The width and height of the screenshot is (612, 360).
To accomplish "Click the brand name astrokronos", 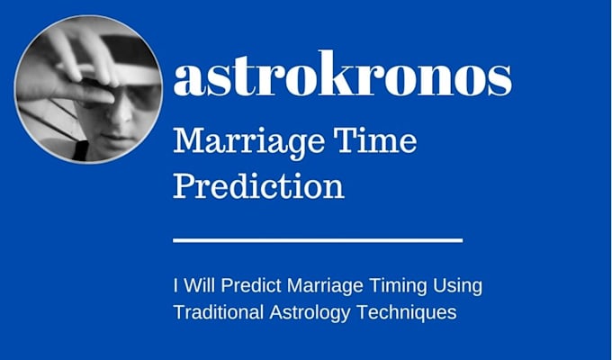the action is click(x=342, y=73).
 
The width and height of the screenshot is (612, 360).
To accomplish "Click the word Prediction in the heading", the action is click(x=258, y=185).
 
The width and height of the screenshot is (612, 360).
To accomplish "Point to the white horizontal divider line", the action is click(x=318, y=240).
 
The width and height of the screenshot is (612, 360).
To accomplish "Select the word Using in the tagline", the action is click(x=457, y=287).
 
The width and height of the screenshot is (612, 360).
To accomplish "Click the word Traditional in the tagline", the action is click(x=218, y=312).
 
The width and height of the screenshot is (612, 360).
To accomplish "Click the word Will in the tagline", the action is click(x=199, y=285).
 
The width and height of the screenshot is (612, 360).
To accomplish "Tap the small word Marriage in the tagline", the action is click(x=325, y=287).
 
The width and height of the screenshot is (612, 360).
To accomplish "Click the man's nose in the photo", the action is click(x=124, y=113).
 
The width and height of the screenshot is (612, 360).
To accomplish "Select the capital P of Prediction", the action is click(x=185, y=185).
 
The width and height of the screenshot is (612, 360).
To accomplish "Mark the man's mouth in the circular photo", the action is click(x=117, y=138).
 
